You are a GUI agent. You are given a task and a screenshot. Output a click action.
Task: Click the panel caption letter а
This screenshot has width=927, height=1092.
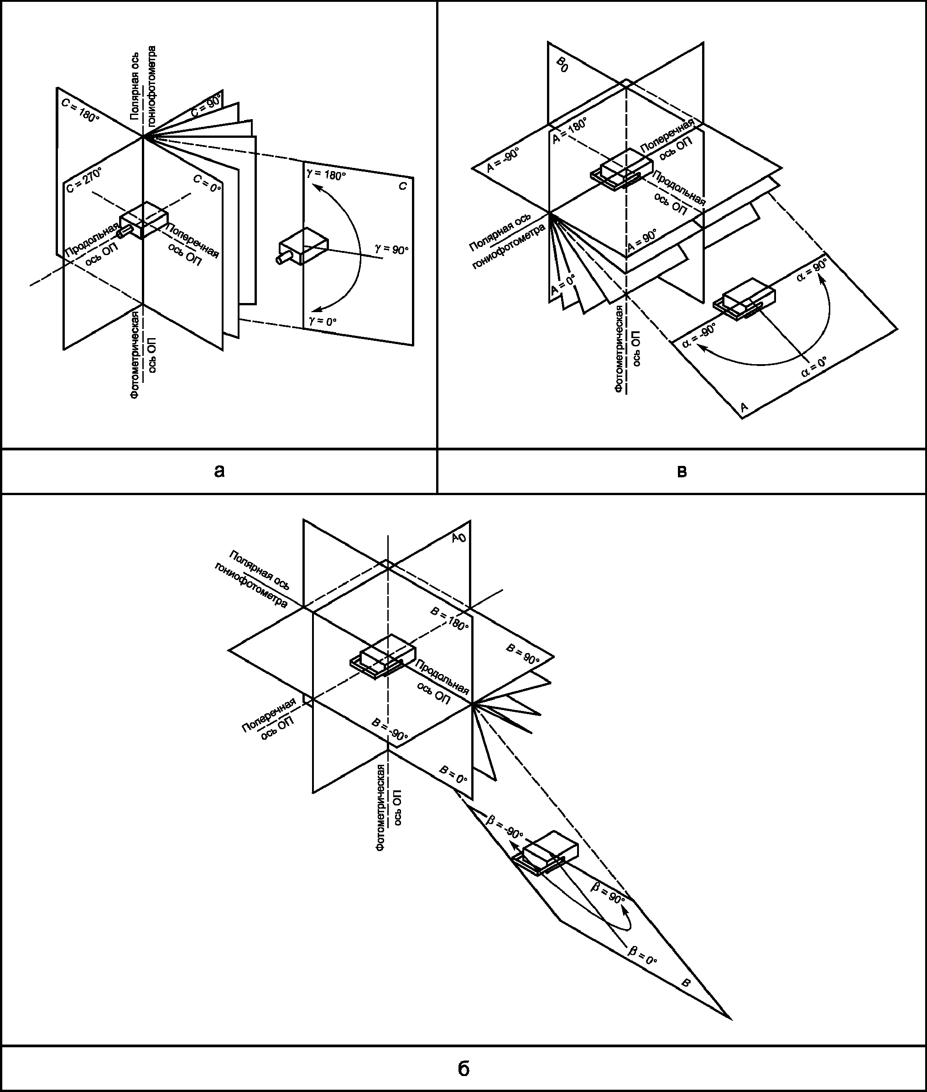tap(220, 471)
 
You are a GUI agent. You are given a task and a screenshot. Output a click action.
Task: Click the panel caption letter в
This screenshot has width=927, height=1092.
tap(682, 471)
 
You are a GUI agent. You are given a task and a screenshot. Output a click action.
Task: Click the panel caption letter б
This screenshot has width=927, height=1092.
tap(463, 1068)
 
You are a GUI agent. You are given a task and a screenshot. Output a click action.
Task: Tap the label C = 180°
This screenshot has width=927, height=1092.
tap(80, 110)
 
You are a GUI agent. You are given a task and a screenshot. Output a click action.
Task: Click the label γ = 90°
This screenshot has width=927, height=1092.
tap(391, 249)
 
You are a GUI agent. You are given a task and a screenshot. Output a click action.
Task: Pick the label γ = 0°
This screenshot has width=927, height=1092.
tap(323, 321)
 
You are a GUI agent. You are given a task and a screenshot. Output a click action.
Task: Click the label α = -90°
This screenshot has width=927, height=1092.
tap(699, 336)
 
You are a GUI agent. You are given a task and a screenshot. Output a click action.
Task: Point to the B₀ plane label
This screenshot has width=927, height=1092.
tap(562, 65)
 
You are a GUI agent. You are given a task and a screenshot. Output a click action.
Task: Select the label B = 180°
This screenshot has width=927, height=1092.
tap(449, 618)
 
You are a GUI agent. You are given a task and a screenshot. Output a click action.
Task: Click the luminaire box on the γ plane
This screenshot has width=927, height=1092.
tap(303, 246)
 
